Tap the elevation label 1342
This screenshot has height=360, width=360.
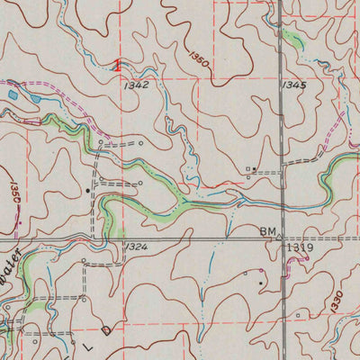pyautogui.click(x=137, y=84)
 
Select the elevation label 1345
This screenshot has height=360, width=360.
pyautogui.click(x=292, y=85)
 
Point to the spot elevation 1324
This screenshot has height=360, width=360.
pyautogui.click(x=136, y=246)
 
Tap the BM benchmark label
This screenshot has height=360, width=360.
pyautogui.click(x=268, y=231)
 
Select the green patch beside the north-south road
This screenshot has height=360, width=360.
pyautogui.click(x=292, y=37)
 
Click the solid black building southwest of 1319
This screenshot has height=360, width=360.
pyautogui.click(x=261, y=283)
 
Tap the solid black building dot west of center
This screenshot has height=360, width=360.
pyautogui.click(x=87, y=190)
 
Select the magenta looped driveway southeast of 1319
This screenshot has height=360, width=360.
pyautogui.click(x=306, y=259)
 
